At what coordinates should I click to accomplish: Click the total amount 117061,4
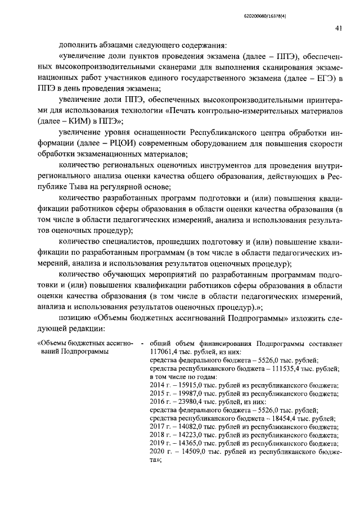164,352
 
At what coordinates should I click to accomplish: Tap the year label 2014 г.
160,385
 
